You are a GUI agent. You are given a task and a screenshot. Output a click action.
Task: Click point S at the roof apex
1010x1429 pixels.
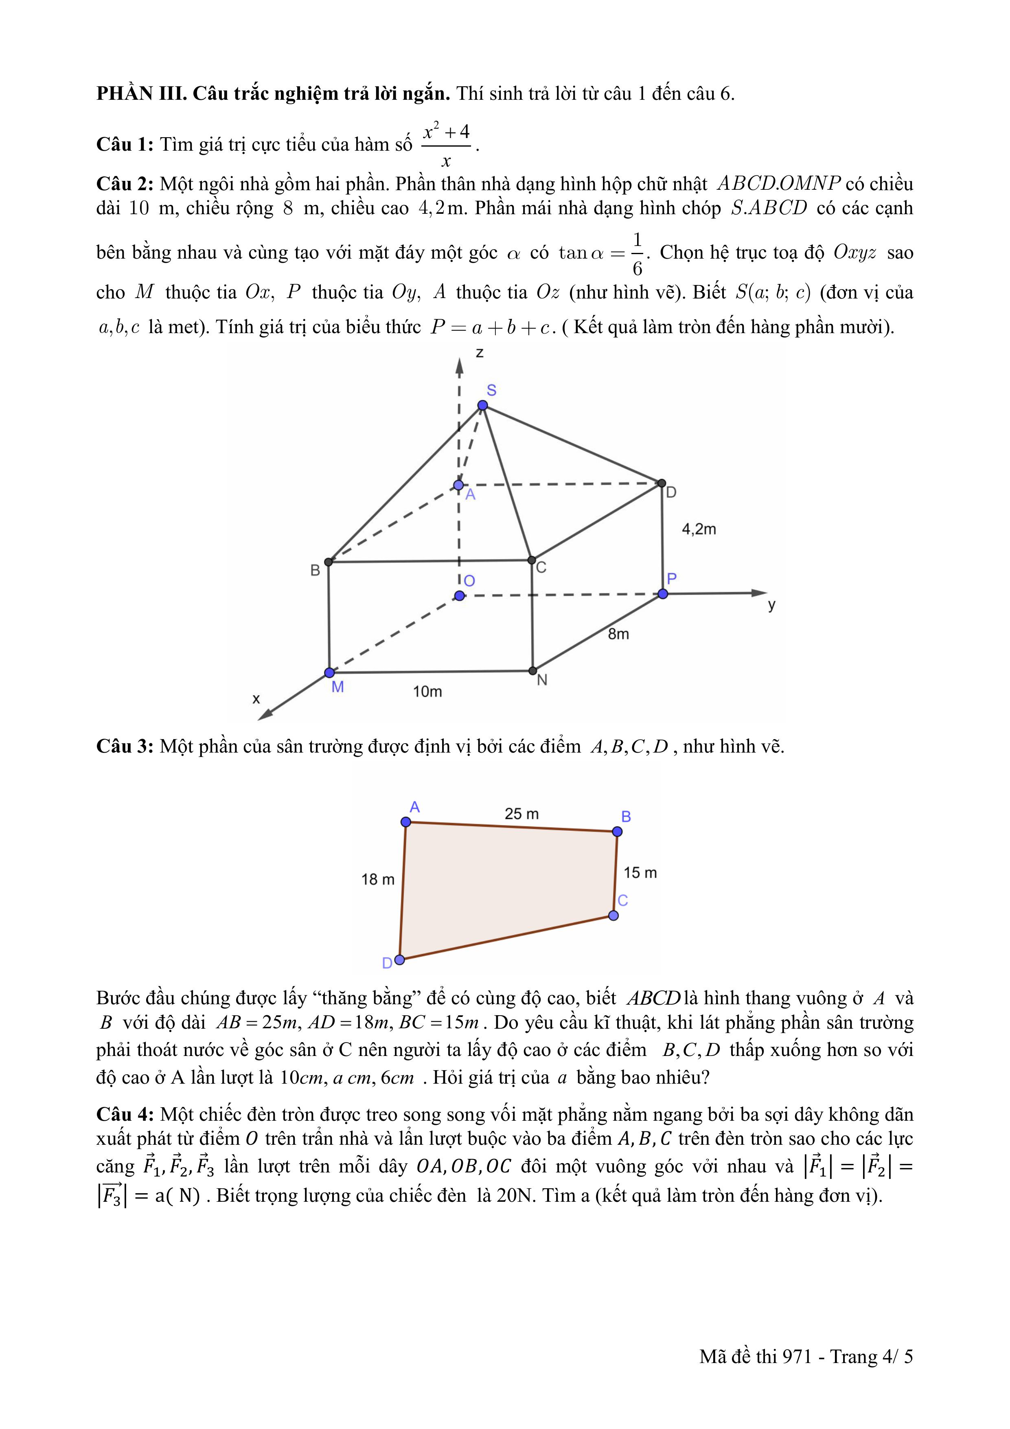pos(482,406)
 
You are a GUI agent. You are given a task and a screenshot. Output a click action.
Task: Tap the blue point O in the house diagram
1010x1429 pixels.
pos(459,596)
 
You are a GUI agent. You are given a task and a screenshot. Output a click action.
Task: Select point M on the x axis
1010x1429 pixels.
pos(329,673)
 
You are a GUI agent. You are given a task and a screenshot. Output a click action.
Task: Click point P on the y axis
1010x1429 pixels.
pos(663,594)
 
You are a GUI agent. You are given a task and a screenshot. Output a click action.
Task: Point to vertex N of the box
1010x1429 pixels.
pos(533,670)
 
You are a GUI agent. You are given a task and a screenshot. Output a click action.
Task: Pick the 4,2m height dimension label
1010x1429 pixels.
pos(699,529)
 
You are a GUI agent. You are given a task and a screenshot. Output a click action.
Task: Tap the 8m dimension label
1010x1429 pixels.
pos(618,634)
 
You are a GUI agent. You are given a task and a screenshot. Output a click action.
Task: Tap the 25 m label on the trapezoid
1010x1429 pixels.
pos(521,814)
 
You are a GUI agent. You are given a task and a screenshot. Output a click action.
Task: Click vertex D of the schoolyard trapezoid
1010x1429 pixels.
pos(399,959)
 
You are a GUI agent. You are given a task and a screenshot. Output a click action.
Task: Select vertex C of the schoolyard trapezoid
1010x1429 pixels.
pos(613,915)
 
